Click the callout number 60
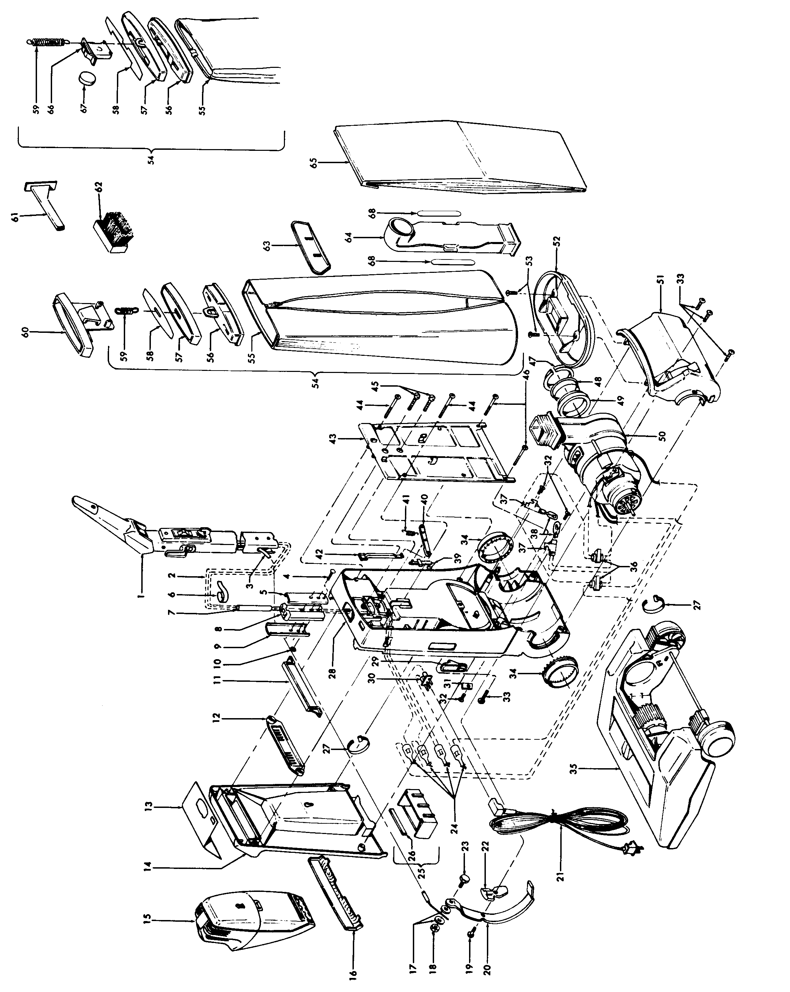click(25, 332)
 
